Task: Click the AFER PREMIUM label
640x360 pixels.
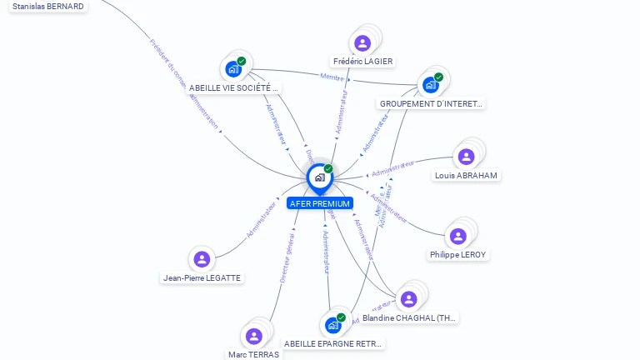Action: pos(319,203)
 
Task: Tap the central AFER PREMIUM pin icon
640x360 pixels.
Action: pos(319,177)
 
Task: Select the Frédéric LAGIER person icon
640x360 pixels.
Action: pos(362,43)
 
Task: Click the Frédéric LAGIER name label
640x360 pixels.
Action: pos(362,61)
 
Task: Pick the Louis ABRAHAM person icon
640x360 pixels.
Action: pos(466,157)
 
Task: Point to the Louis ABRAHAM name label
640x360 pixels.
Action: pos(466,175)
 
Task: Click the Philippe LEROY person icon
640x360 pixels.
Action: pos(457,236)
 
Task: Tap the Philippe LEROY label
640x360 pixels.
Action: pos(458,254)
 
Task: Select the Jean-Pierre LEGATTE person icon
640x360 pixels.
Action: pos(201,259)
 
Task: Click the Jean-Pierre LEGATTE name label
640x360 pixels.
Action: pos(202,278)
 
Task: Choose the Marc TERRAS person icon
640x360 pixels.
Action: pos(253,336)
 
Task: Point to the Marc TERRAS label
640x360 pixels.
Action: pos(253,354)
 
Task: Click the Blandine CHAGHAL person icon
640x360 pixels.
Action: pos(407,299)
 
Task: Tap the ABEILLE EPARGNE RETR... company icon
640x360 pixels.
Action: pos(332,325)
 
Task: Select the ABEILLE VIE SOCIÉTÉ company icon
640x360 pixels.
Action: pos(233,69)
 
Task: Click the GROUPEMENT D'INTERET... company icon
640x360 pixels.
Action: pos(431,85)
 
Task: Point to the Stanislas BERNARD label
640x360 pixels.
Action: pos(48,7)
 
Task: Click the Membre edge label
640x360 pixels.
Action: pos(332,77)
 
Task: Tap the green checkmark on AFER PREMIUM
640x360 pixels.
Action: pos(328,169)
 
